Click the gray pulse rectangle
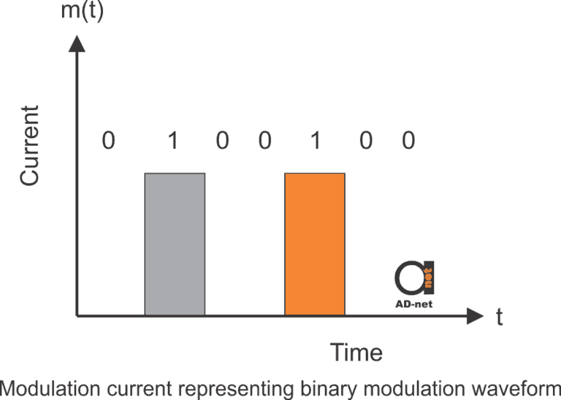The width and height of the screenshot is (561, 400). coord(175,244)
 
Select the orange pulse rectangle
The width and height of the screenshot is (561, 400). coord(314,244)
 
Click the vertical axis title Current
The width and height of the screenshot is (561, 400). coord(30,145)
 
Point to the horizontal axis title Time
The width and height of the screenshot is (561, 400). coord(356,353)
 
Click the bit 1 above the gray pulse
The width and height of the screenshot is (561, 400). coord(173,140)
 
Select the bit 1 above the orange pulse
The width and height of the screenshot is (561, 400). coord(316,140)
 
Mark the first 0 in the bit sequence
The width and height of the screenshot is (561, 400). coord(108,140)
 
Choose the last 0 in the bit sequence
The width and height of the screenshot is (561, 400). coord(408,140)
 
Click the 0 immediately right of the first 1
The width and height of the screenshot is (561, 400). coord(222,140)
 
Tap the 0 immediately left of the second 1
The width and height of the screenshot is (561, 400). coord(264,140)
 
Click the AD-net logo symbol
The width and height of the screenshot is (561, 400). coord(414,276)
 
